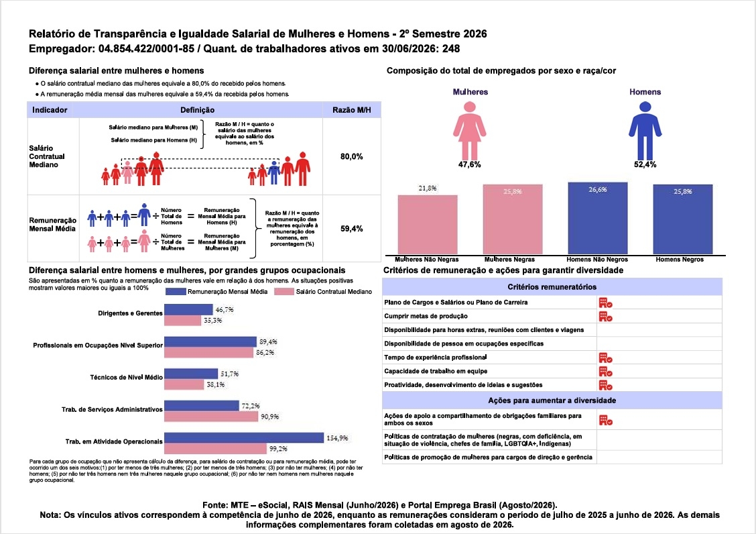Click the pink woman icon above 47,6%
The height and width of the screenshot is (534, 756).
click(x=469, y=129)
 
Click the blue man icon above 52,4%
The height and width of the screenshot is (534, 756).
click(x=645, y=129)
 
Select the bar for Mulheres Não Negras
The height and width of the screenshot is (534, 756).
click(x=428, y=225)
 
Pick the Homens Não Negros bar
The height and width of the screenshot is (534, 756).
click(x=598, y=218)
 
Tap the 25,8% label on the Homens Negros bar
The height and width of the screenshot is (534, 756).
click(x=683, y=192)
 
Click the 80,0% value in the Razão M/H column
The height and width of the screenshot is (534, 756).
click(x=351, y=156)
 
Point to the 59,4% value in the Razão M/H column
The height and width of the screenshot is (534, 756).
click(x=351, y=228)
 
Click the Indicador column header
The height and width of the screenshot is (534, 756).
click(x=50, y=110)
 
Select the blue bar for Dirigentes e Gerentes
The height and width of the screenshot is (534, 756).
click(x=188, y=309)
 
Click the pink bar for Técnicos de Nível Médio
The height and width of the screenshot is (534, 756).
click(x=184, y=384)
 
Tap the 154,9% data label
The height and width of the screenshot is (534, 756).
click(x=337, y=438)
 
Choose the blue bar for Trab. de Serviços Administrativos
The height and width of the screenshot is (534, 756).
click(x=202, y=406)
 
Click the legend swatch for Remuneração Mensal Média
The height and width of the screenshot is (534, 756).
click(x=176, y=292)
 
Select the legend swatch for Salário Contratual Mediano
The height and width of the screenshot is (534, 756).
click(x=284, y=292)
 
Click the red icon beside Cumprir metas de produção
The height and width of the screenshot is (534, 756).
click(x=606, y=316)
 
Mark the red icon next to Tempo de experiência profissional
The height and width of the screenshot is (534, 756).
click(x=606, y=358)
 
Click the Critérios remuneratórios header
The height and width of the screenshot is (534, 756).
click(x=552, y=287)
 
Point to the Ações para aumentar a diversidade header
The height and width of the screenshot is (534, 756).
click(x=552, y=400)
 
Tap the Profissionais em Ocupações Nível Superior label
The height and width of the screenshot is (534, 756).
click(x=98, y=345)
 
